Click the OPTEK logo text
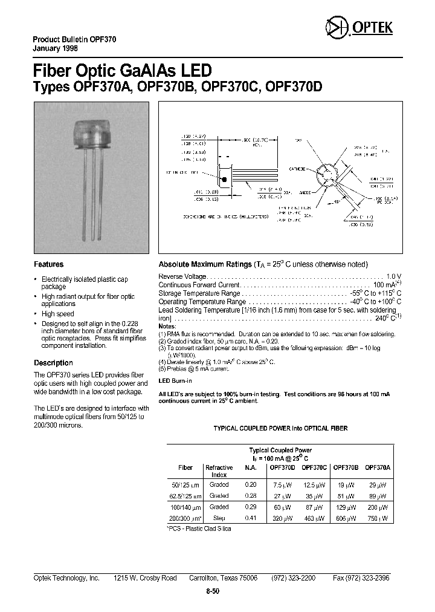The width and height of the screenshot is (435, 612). tap(377, 28)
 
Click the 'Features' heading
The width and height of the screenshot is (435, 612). tap(48, 264)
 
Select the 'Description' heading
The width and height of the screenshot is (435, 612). tap(53, 363)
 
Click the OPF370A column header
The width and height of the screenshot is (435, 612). tap(379, 467)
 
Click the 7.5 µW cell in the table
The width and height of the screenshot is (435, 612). tap(283, 484)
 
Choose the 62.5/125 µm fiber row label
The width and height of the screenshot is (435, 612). tap(185, 496)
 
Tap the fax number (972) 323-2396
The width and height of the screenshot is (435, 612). tap(361, 578)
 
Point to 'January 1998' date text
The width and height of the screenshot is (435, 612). tap(53, 48)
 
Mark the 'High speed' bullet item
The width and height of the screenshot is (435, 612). tap(57, 314)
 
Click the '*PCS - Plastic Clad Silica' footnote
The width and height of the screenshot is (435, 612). tap(198, 529)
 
